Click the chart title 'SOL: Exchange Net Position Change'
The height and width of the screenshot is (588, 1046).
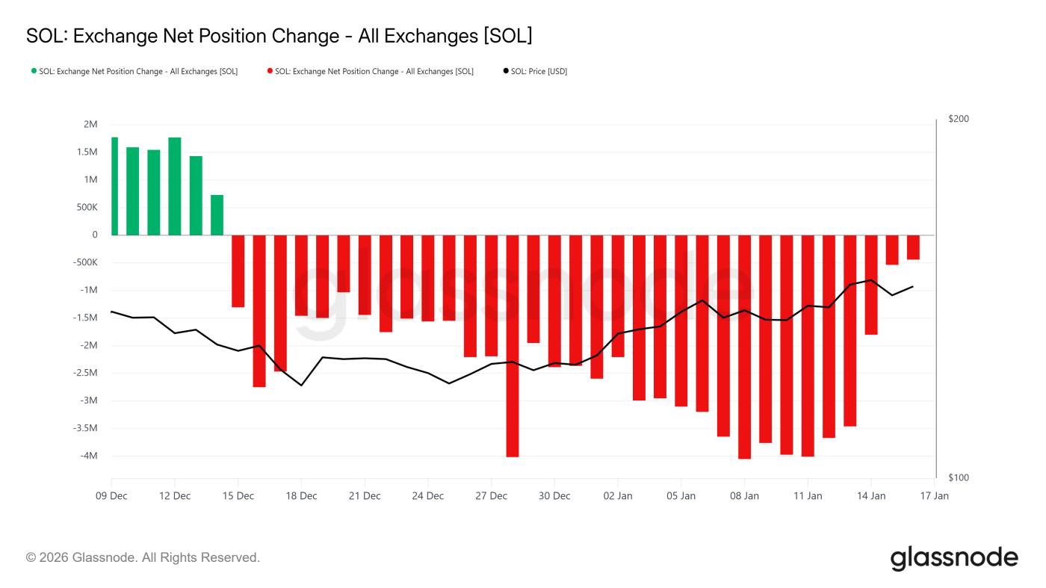click(279, 36)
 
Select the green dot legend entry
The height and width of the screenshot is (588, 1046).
click(134, 72)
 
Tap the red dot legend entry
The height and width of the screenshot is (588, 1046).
click(370, 72)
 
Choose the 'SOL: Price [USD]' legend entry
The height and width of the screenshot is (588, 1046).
click(535, 72)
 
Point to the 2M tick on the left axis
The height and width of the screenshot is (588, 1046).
click(90, 125)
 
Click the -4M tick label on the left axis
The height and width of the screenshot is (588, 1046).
click(87, 456)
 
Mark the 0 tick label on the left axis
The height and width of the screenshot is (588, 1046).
click(94, 235)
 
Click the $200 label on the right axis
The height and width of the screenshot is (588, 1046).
click(958, 120)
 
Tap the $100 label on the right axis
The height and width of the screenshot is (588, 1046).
click(958, 477)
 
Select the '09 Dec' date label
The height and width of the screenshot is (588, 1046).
click(111, 496)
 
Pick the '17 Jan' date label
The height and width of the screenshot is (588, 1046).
click(934, 496)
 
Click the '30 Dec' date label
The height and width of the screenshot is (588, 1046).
click(554, 496)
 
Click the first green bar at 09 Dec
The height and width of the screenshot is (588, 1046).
click(114, 186)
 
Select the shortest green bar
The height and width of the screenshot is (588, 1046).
click(217, 215)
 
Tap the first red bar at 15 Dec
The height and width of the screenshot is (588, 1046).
click(238, 270)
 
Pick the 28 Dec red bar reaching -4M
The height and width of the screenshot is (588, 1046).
click(513, 345)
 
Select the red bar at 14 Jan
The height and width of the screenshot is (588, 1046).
click(871, 285)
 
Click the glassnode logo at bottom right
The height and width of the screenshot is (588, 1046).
click(953, 558)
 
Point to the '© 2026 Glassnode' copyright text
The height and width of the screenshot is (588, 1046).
click(143, 557)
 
